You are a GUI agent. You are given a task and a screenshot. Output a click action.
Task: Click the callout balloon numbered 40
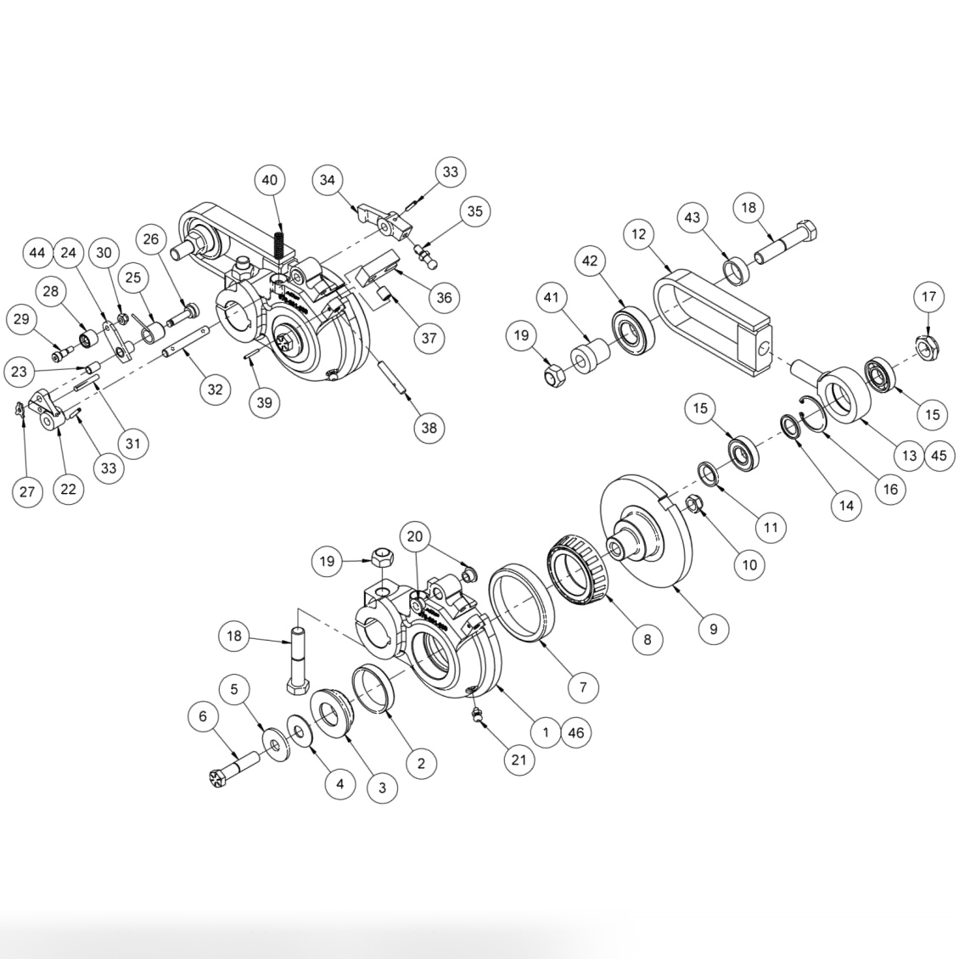click(x=269, y=180)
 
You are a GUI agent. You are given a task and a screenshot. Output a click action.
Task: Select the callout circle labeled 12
click(x=638, y=233)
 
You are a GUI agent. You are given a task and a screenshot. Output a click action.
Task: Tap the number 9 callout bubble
click(x=713, y=628)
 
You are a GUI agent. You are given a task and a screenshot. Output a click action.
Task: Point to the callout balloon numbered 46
click(x=575, y=732)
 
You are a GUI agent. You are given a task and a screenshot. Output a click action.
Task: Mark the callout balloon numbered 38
click(x=429, y=427)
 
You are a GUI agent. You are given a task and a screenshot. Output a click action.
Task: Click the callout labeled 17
click(x=928, y=297)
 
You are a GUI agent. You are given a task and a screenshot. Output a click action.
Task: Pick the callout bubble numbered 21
click(x=519, y=760)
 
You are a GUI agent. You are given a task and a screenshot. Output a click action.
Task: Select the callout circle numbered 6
click(x=202, y=716)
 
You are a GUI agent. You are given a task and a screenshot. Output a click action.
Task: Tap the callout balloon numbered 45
click(x=938, y=455)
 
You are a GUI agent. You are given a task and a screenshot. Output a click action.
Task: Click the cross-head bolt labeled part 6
click(x=229, y=771)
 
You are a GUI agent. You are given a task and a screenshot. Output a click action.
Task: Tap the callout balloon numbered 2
click(x=421, y=762)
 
